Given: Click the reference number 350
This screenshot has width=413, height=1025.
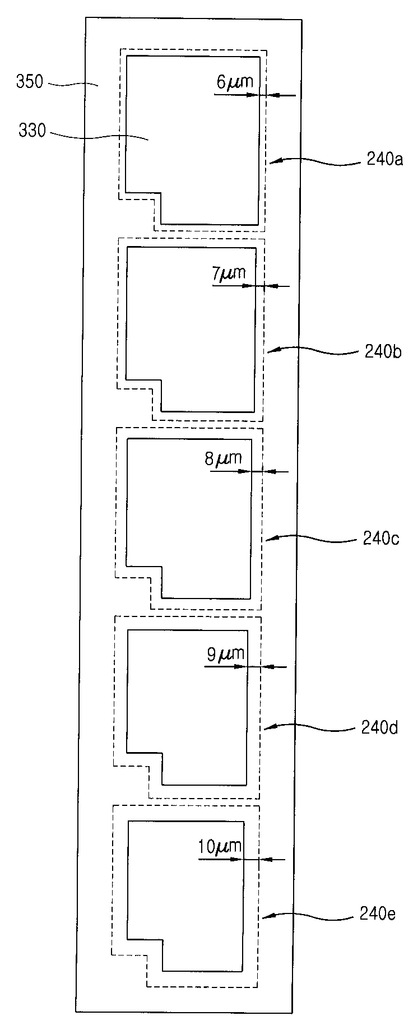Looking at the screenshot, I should tap(29, 82).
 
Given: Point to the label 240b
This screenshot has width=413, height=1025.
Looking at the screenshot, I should tap(382, 353).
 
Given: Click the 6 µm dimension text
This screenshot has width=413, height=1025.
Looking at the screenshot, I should tap(234, 82).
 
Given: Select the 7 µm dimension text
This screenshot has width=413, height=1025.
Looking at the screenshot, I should tap(229, 274).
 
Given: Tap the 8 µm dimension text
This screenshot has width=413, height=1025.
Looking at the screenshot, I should tap(223, 460).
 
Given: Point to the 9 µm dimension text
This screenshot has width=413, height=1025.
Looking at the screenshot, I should tap(226, 654).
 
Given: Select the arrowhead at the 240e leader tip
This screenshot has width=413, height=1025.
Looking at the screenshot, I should tap(267, 917).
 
